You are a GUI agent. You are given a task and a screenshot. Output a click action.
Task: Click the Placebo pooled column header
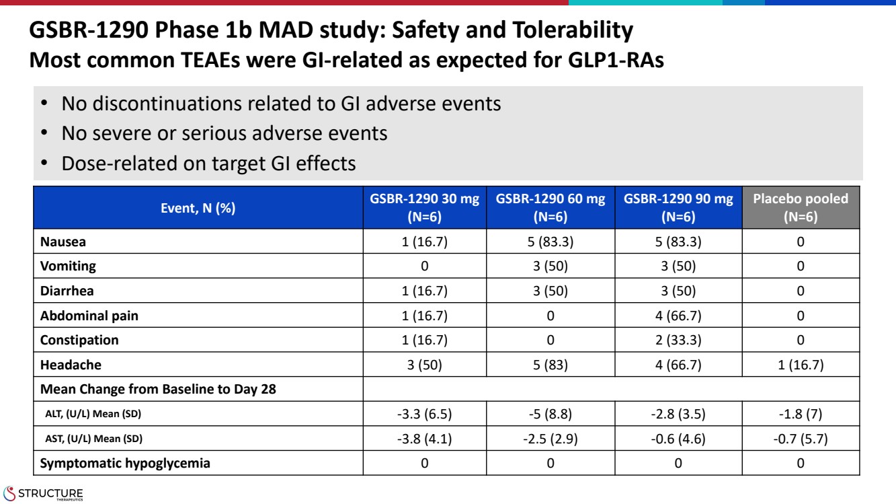(x=801, y=207)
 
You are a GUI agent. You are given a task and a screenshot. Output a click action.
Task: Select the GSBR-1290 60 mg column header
(x=551, y=207)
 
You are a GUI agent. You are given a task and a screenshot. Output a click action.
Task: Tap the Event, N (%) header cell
(x=198, y=207)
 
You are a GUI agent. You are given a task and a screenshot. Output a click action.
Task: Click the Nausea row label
(x=63, y=242)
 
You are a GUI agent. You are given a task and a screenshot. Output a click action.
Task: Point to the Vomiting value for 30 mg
(x=424, y=266)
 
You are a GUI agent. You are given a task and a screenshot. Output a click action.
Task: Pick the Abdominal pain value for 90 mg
(x=678, y=316)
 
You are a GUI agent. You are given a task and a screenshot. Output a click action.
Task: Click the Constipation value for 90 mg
(x=678, y=340)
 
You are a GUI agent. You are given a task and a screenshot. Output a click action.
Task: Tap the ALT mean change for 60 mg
(x=551, y=414)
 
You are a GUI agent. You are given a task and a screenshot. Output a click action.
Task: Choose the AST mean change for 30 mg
(x=424, y=439)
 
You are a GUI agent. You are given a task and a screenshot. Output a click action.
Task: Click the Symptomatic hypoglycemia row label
(x=125, y=463)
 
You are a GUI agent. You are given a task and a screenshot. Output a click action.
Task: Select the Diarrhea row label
(x=67, y=291)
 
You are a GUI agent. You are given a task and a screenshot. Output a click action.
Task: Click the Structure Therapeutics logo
(x=43, y=494)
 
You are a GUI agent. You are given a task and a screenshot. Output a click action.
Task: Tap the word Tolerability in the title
(x=573, y=30)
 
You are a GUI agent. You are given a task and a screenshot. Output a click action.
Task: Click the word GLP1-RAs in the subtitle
(x=616, y=61)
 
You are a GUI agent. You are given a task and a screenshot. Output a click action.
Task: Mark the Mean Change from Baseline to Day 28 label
(x=158, y=389)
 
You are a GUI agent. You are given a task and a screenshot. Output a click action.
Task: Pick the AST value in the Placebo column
(x=801, y=439)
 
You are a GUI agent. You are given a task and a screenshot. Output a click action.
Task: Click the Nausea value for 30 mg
(x=424, y=242)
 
